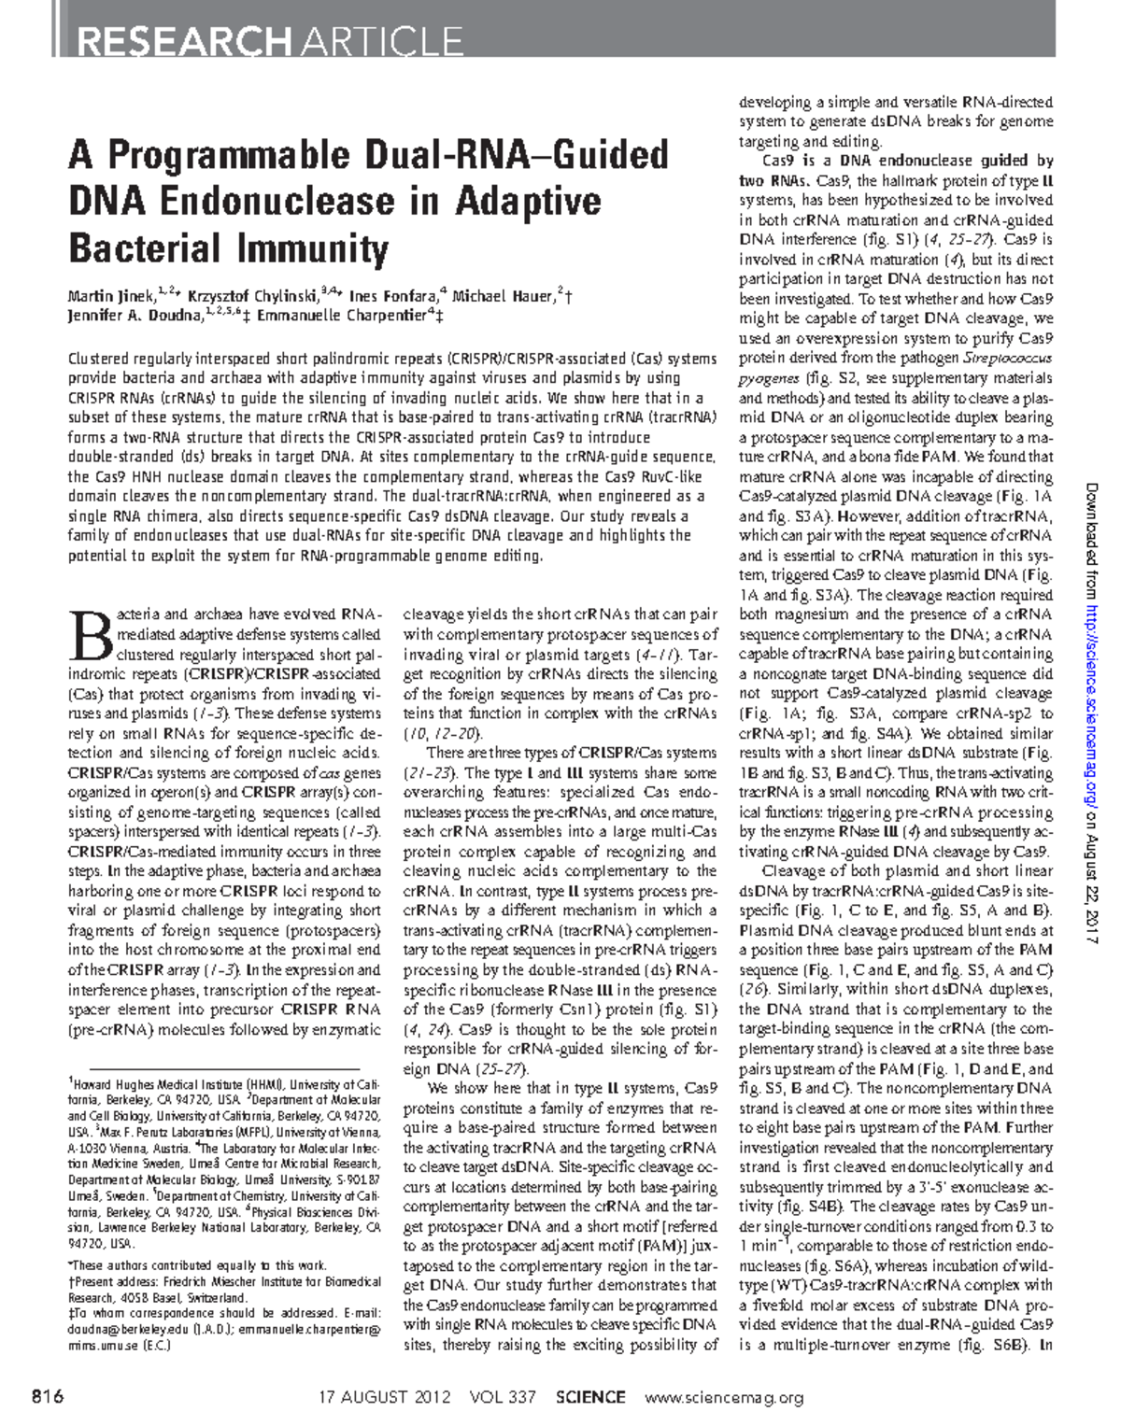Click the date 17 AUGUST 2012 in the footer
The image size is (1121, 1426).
pos(384,1397)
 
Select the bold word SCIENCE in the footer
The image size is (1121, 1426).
pos(589,1397)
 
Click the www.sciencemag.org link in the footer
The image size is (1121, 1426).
pos(724,1397)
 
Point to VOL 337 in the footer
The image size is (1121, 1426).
pos(503,1397)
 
